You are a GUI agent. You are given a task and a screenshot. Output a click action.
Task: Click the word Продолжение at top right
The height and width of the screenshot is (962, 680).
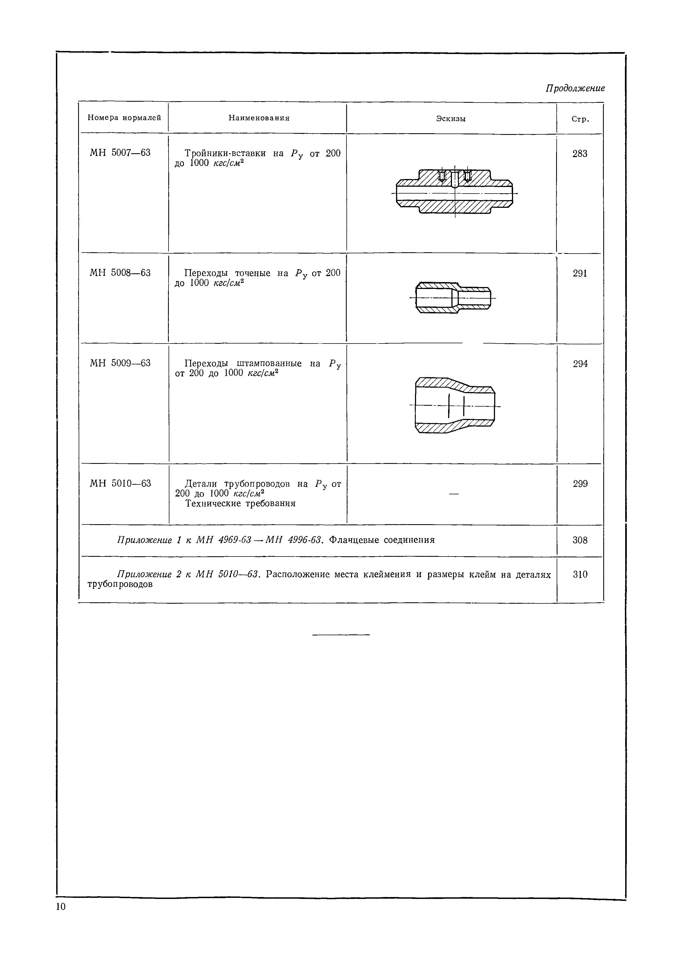click(575, 88)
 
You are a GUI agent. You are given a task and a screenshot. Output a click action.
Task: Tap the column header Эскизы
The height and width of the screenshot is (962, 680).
click(451, 119)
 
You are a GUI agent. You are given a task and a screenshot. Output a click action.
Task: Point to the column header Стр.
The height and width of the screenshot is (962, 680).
click(580, 120)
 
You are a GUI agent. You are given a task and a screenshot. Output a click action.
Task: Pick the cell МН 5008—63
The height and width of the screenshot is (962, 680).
click(120, 273)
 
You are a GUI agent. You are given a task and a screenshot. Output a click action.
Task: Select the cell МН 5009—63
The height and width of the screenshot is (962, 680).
click(120, 363)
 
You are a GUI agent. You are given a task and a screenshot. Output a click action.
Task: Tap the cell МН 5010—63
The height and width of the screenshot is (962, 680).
click(121, 484)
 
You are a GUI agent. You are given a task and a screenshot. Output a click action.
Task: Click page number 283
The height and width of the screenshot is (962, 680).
click(580, 154)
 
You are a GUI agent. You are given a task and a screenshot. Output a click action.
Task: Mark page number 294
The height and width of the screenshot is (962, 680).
click(580, 364)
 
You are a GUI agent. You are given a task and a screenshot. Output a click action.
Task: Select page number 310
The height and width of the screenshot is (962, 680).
click(580, 574)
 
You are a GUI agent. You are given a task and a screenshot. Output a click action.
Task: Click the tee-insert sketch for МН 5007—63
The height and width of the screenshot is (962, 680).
click(455, 192)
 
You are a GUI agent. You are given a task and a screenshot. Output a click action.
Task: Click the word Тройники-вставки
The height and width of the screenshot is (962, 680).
click(225, 153)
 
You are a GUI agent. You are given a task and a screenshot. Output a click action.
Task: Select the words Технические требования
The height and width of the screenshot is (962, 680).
click(240, 504)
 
